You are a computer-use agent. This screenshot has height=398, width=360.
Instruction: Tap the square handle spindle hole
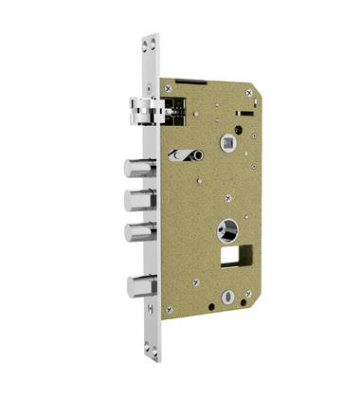(227, 144)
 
